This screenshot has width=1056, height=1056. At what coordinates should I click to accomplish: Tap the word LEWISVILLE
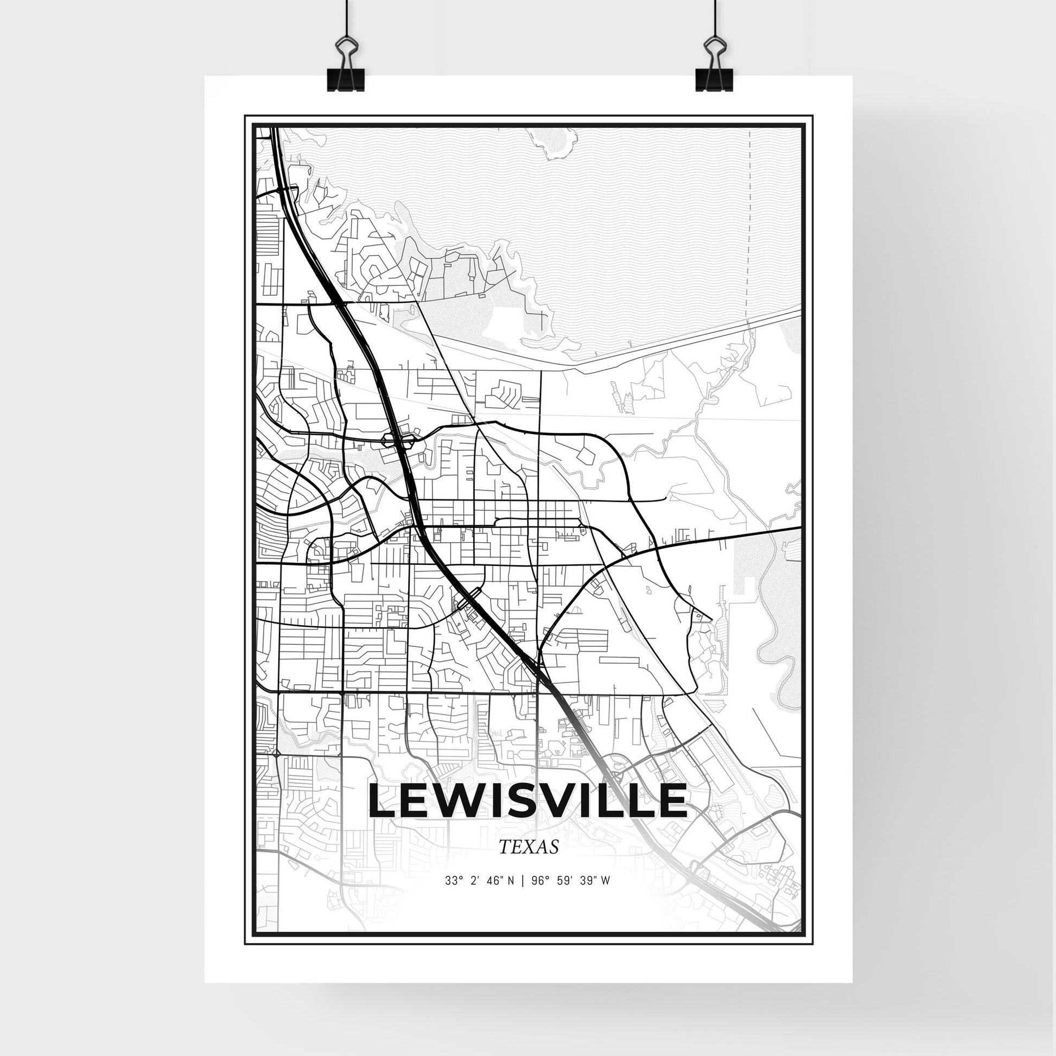527,801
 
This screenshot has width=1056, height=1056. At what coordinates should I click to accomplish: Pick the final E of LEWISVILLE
671,801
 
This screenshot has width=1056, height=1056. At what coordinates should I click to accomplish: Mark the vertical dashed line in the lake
750,219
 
